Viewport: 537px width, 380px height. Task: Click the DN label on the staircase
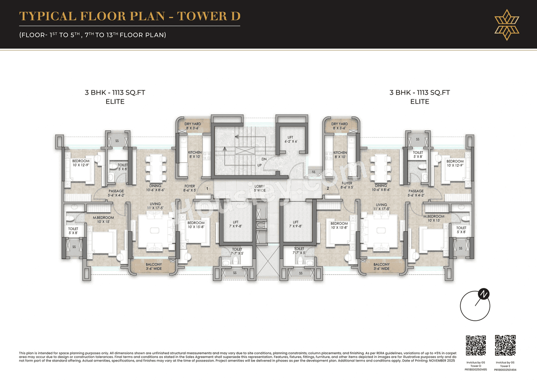[x=264, y=159]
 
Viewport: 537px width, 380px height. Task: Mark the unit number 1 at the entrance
[x=208, y=189]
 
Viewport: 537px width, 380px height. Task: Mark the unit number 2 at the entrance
[x=328, y=189]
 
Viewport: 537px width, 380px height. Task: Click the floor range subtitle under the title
[x=93, y=35]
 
